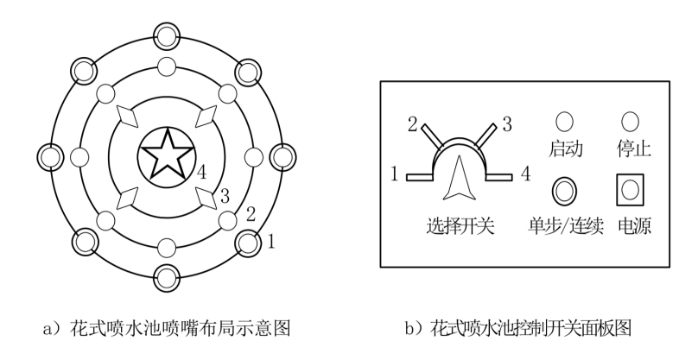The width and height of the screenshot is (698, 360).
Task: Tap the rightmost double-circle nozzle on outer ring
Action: click(x=283, y=157)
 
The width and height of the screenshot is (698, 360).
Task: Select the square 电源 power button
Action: click(x=630, y=189)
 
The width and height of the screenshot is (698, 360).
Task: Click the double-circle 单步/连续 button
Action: click(x=564, y=189)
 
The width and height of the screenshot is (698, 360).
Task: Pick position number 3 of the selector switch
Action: click(x=507, y=123)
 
